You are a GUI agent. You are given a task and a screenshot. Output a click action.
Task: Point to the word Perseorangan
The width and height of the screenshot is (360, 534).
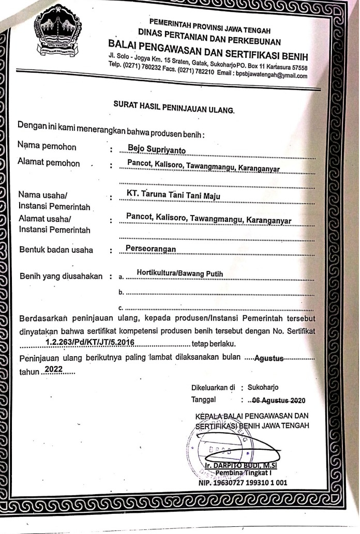[x=151, y=249]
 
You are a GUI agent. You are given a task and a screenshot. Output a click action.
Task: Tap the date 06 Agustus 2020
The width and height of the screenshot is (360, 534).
[x=277, y=400]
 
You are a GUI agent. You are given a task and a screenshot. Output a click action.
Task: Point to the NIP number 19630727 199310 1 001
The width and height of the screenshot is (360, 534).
[x=243, y=483]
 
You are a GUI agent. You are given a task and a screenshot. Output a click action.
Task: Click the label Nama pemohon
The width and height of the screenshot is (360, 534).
[x=47, y=147]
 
